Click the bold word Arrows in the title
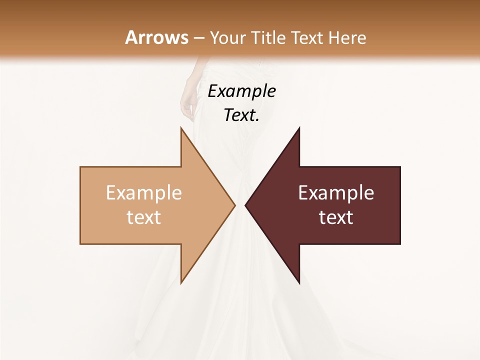[x=157, y=37]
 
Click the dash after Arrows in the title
[x=199, y=38]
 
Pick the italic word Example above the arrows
[x=241, y=91]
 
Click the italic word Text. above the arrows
[x=241, y=115]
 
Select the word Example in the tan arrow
[x=144, y=192]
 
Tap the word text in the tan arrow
[x=144, y=217]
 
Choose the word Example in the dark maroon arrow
[x=336, y=192]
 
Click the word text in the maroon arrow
[x=336, y=217]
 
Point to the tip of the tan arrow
[x=234, y=205]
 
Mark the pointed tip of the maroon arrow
[x=245, y=205]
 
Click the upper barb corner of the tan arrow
[x=181, y=127]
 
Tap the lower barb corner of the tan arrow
[x=181, y=283]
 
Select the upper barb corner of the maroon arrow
[x=299, y=127]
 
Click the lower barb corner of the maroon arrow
[x=299, y=283]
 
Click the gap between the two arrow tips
[x=240, y=205]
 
